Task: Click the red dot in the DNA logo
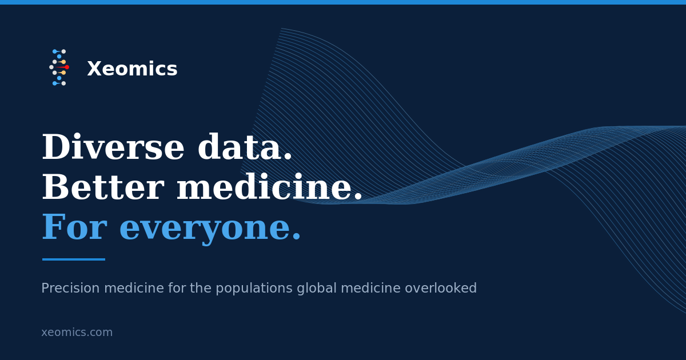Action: pyautogui.click(x=67, y=67)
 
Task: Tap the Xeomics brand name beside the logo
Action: pyautogui.click(x=132, y=69)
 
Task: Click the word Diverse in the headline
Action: pyautogui.click(x=113, y=147)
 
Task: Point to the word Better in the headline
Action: pyautogui.click(x=103, y=187)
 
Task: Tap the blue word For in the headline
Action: pyautogui.click(x=74, y=227)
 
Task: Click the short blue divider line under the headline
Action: pyautogui.click(x=74, y=259)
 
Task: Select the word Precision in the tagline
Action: pyautogui.click(x=70, y=288)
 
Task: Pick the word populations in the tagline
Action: pyautogui.click(x=254, y=289)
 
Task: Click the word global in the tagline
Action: pyautogui.click(x=317, y=289)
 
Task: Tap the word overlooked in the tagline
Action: pyautogui.click(x=441, y=288)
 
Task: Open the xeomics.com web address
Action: pyautogui.click(x=77, y=332)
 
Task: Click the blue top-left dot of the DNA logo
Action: pyautogui.click(x=54, y=51)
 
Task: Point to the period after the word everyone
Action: pyautogui.click(x=297, y=236)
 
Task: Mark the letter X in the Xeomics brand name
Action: pyautogui.click(x=94, y=69)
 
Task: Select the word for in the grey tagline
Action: pyautogui.click(x=177, y=288)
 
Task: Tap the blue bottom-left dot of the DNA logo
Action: pyautogui.click(x=54, y=83)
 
